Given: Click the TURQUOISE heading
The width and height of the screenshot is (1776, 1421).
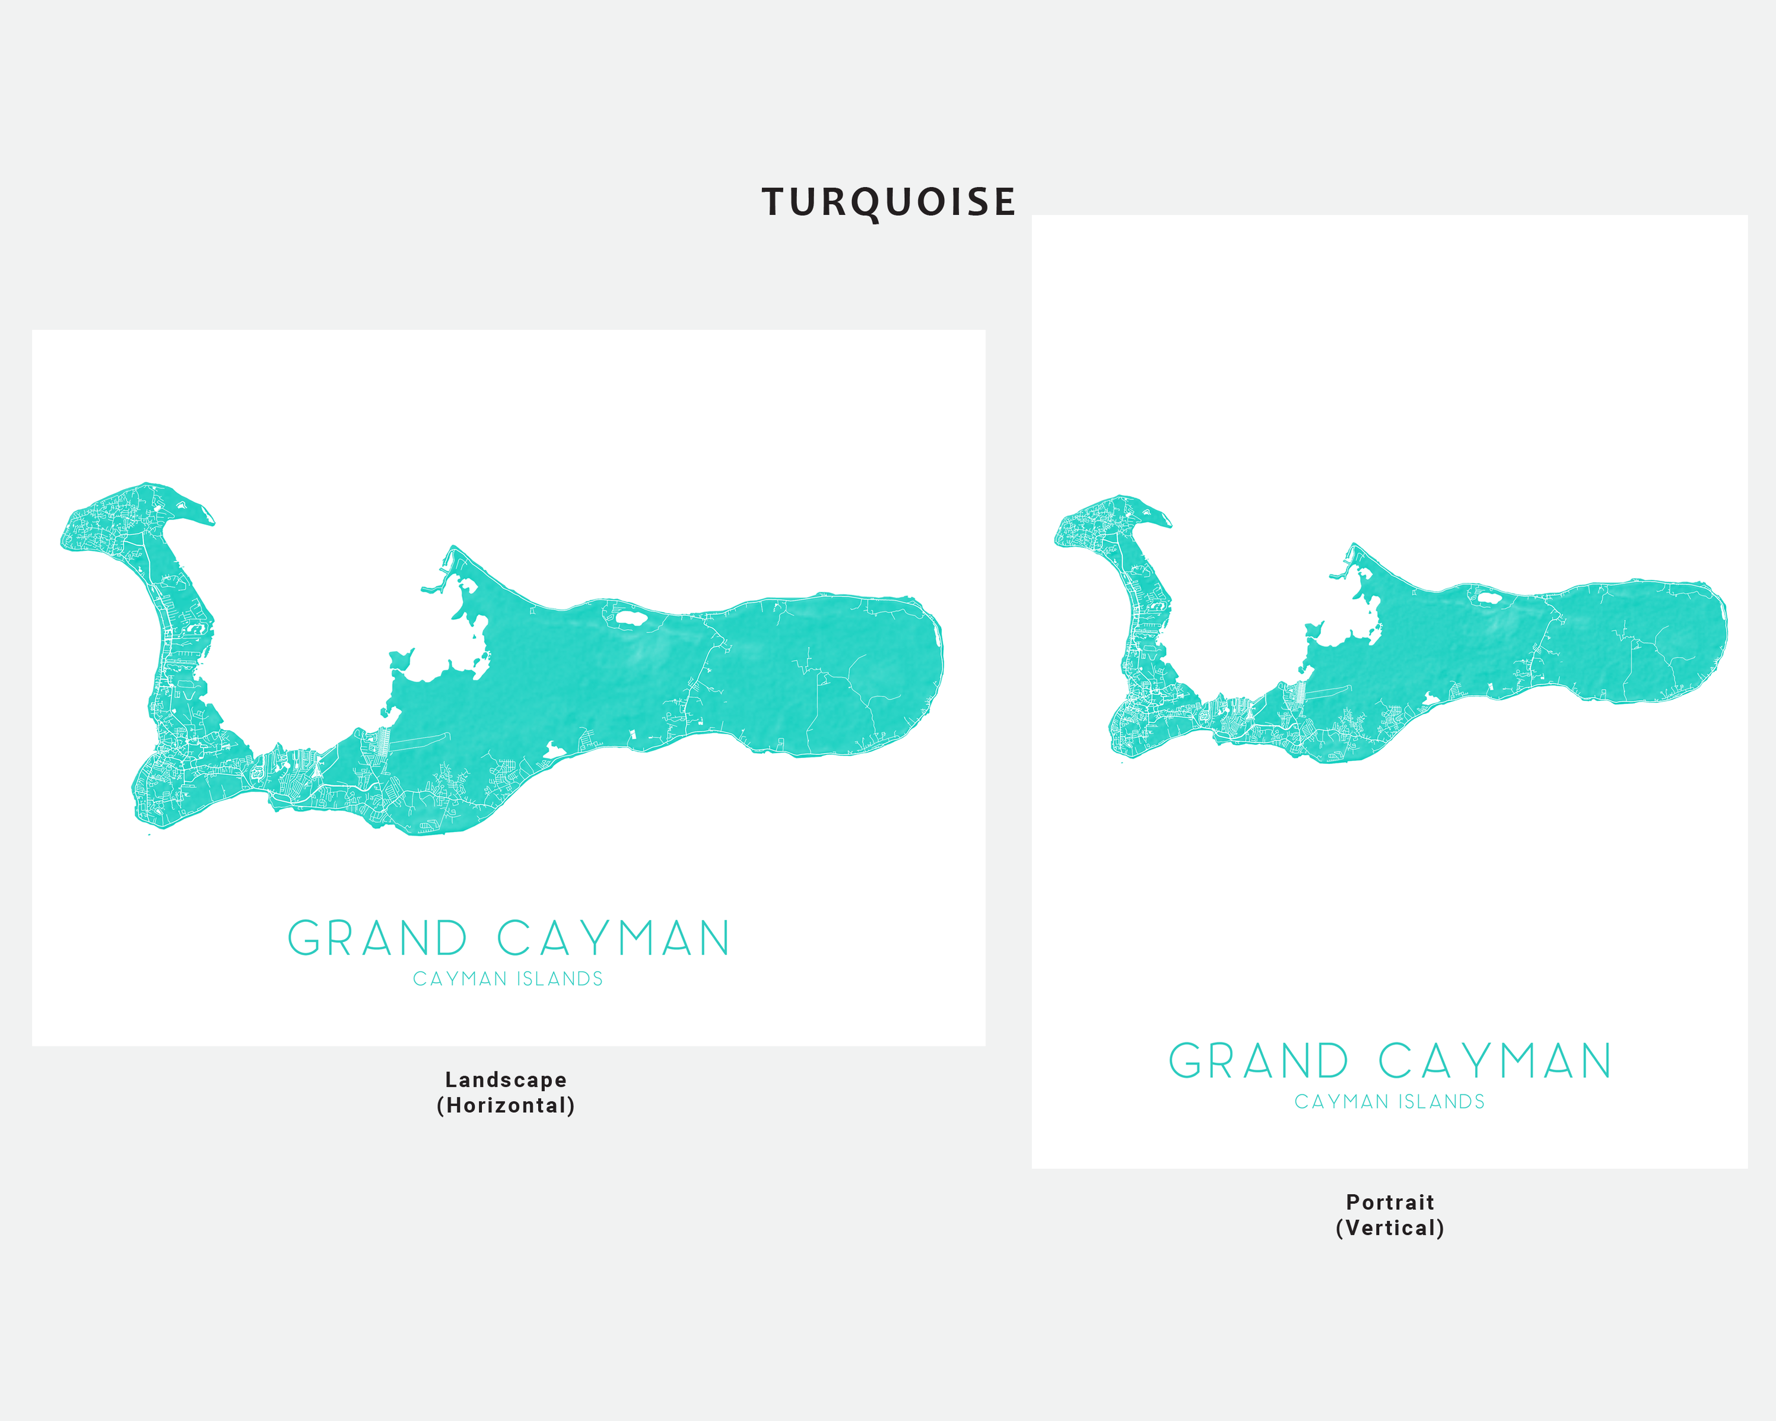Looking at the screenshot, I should (x=888, y=202).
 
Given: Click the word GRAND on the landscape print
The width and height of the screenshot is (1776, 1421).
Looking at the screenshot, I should (x=376, y=938).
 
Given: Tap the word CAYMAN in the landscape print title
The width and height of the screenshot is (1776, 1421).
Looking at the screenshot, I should (x=614, y=938).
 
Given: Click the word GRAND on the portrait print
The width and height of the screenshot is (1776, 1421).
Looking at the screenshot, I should (x=1258, y=1061).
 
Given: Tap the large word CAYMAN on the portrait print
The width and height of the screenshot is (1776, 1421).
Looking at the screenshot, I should (x=1494, y=1061).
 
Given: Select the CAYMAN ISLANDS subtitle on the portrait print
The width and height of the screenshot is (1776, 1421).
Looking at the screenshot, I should (x=1390, y=1102).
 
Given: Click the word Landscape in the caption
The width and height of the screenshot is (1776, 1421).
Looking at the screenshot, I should (x=506, y=1080).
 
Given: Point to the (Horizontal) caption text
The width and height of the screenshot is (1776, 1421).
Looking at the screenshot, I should (x=506, y=1105).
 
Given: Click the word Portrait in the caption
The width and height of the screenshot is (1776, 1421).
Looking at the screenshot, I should (x=1390, y=1203).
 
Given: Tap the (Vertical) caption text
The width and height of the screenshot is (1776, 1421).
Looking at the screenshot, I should (x=1390, y=1228).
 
